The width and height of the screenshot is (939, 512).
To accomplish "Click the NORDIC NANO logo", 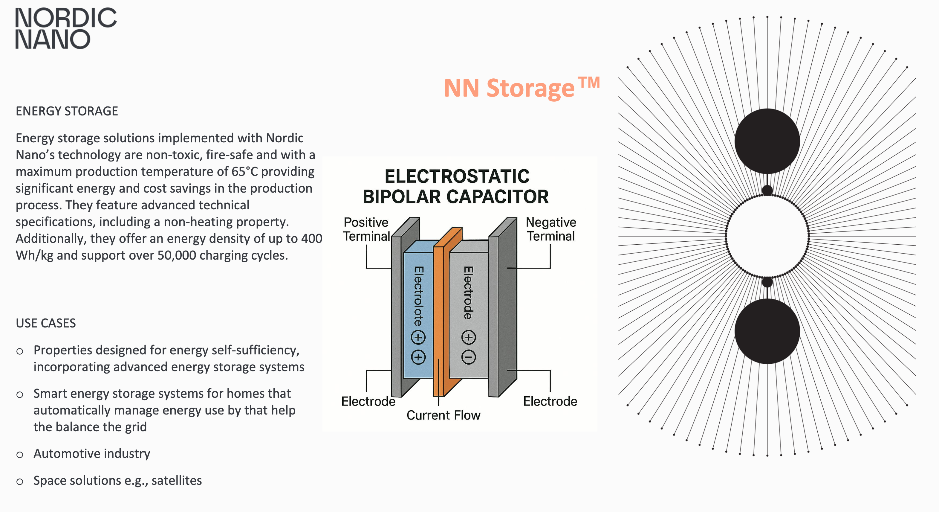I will coord(66,28).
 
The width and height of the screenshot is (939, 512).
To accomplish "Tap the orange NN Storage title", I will coord(521,88).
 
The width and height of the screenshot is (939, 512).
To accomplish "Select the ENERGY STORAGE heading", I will coord(67,111).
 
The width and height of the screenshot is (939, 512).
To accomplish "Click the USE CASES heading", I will coord(45,323).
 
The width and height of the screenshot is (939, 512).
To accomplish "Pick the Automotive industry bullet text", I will coord(92,453).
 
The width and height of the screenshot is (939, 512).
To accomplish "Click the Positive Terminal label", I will coord(366,229).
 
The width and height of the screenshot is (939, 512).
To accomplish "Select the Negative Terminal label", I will coord(551,229).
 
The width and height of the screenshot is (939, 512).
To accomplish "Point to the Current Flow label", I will coord(443,415).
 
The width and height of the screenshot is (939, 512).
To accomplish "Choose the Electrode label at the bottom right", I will coord(550,401).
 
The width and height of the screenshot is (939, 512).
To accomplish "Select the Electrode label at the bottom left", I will coord(368,401).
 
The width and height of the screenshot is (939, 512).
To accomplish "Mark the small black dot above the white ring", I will coord(767,190).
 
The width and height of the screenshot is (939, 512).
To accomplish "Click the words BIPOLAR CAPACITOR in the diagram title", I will coord(456,196).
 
